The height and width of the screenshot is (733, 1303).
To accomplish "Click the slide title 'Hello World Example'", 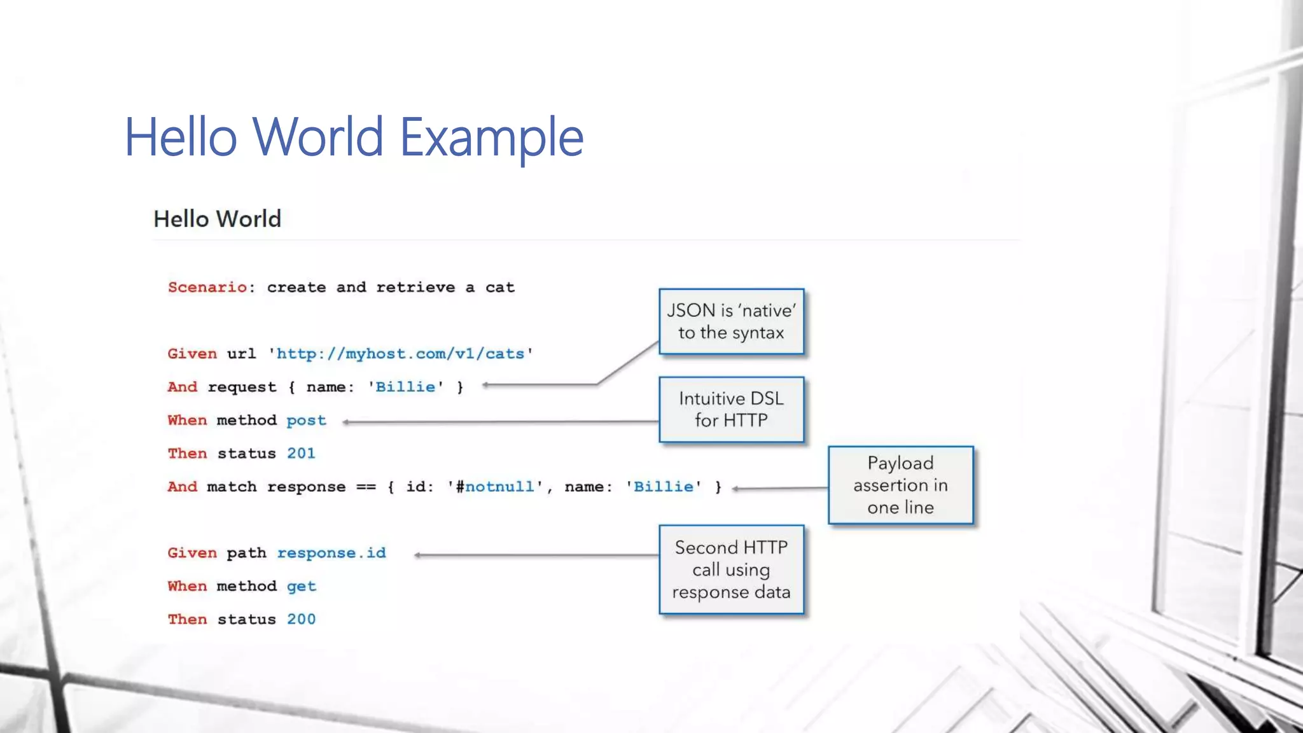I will [x=354, y=137].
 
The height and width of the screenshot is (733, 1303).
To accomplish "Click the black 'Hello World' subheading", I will [x=217, y=219].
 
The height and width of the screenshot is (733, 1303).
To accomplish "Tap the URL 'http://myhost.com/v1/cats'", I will [x=400, y=354].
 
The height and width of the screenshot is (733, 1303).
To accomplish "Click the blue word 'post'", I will [x=306, y=421].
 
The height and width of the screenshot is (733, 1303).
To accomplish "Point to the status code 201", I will [x=301, y=454].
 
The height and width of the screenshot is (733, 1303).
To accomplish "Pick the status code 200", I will [x=301, y=619].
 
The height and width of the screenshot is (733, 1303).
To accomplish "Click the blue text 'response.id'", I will [x=331, y=553].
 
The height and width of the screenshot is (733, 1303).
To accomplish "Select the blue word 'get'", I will [x=301, y=586].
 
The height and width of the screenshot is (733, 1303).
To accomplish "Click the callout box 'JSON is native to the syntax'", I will [x=731, y=321].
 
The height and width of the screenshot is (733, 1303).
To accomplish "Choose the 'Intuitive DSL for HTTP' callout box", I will [x=731, y=409].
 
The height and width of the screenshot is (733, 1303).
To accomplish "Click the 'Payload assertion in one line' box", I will [x=900, y=485].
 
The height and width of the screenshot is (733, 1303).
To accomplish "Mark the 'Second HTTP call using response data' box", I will [x=731, y=569].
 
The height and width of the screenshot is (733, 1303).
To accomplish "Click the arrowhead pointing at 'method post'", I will [x=346, y=422].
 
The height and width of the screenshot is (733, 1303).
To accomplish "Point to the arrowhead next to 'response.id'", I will [x=417, y=555].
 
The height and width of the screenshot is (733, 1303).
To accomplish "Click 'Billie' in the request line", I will [x=405, y=387].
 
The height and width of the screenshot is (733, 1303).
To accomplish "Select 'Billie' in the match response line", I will [x=664, y=487].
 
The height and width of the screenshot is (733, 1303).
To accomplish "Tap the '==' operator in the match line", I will [x=366, y=487].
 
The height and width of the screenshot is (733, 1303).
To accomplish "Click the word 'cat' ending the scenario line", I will [x=499, y=288].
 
